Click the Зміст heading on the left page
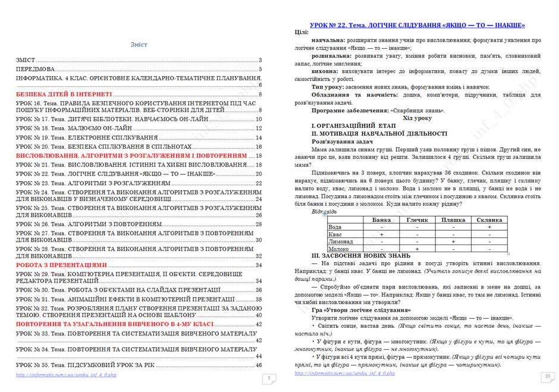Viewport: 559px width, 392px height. [139, 45]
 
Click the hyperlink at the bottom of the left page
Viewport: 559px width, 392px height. [67, 375]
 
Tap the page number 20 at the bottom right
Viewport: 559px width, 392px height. [547, 376]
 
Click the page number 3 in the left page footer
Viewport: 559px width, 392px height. [269, 378]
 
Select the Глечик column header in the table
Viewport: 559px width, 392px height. [417, 220]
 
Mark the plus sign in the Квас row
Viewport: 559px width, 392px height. [381, 234]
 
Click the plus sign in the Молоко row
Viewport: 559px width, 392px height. [417, 249]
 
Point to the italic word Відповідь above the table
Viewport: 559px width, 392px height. [324, 212]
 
